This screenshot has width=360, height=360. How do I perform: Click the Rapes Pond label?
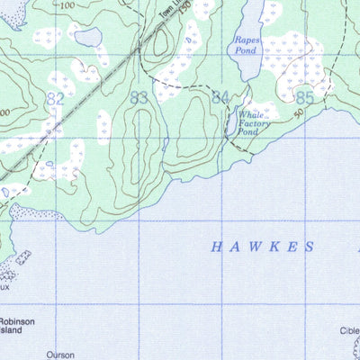247,46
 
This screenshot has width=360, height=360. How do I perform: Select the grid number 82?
56,98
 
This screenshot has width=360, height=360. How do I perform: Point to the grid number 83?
139,97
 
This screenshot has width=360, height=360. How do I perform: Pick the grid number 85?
303,96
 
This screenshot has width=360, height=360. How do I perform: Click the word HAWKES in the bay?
263,246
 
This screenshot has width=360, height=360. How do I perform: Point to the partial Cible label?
349,329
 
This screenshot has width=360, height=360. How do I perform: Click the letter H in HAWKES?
216,246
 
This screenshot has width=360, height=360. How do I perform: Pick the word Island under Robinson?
15,330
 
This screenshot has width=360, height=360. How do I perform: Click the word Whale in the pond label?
250,114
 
